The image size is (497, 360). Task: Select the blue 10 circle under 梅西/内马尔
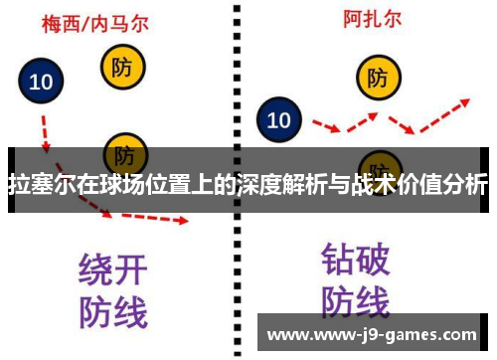(x=41, y=82)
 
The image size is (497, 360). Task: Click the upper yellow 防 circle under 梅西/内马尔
(x=124, y=68)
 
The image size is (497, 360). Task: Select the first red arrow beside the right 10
(x=326, y=126)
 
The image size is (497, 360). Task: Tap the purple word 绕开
(x=112, y=270)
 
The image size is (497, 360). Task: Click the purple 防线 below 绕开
(x=112, y=311)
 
